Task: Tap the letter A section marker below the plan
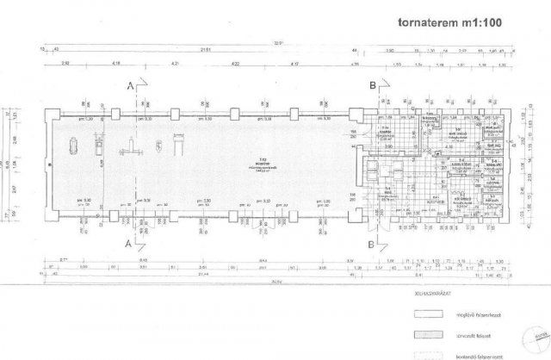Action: (129, 245)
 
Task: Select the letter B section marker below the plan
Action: (371, 245)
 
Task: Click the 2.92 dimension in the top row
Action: (65, 65)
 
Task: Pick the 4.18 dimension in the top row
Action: (116, 65)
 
